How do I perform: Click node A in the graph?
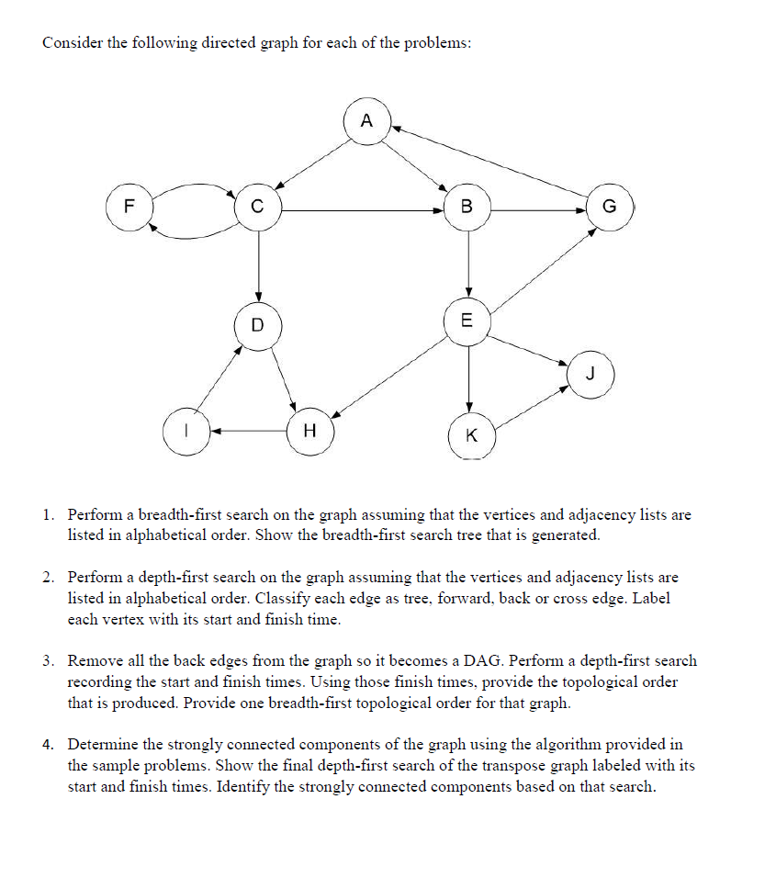(367, 121)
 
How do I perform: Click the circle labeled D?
(257, 324)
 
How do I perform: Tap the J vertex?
(591, 374)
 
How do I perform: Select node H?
(309, 429)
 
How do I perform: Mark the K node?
(472, 435)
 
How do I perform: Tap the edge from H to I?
(248, 429)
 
